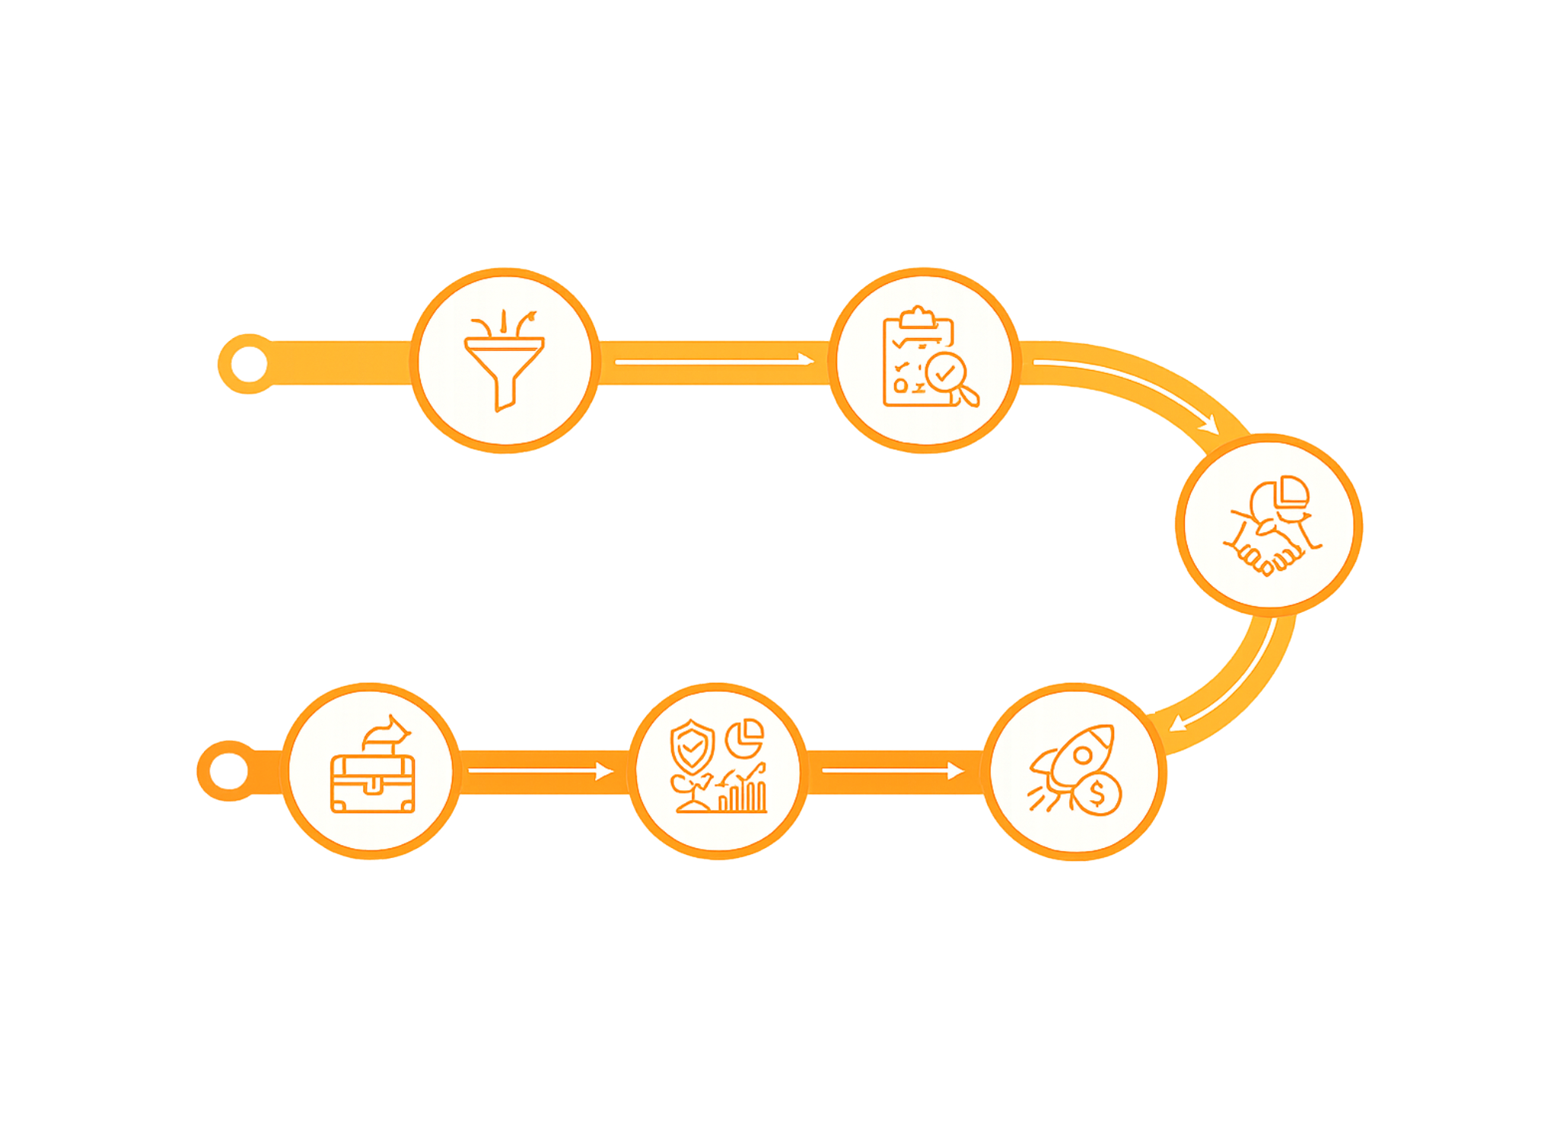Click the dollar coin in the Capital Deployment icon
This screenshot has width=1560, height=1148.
point(1097,795)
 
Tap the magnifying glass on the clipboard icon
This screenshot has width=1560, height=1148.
point(951,379)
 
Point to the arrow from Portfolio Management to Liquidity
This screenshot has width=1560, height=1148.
point(540,771)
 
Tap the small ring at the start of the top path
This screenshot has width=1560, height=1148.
point(247,364)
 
